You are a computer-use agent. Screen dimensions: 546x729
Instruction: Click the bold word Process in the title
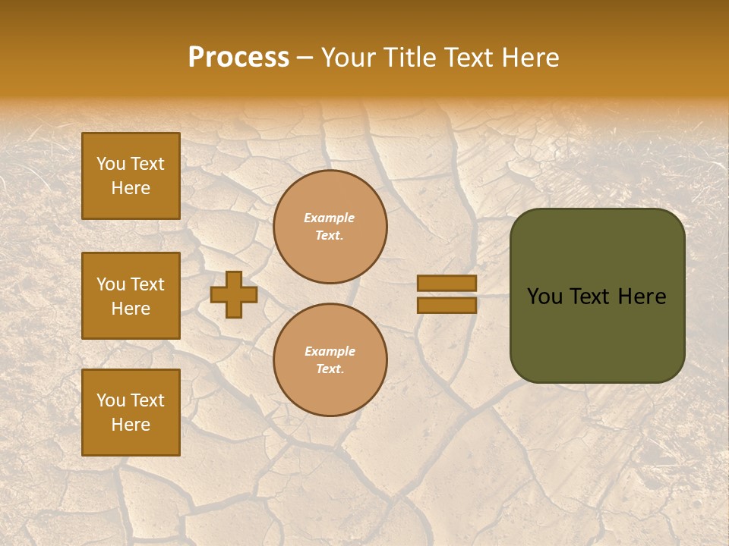point(238,58)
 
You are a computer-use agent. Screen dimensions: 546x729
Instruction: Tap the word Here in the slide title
point(531,58)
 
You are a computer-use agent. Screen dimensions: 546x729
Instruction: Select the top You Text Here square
point(131,176)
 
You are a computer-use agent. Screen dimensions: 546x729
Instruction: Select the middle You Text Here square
point(131,296)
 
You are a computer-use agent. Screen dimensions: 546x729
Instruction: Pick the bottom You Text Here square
point(131,413)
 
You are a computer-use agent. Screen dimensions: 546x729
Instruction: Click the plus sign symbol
point(233,294)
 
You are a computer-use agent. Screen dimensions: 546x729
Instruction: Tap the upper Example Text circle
point(330,227)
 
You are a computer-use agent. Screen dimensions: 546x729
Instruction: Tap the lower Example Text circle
point(330,360)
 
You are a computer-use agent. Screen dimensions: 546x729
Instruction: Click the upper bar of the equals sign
point(447,283)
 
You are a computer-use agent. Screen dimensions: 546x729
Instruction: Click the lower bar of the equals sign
point(447,305)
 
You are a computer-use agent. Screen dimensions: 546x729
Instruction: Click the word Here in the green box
point(642,297)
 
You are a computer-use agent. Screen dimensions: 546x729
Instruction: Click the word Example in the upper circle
point(330,218)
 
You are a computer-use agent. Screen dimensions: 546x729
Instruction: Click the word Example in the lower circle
point(330,351)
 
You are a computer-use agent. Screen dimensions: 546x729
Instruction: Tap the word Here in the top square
point(131,188)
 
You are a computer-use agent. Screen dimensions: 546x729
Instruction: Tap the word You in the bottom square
point(110,400)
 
